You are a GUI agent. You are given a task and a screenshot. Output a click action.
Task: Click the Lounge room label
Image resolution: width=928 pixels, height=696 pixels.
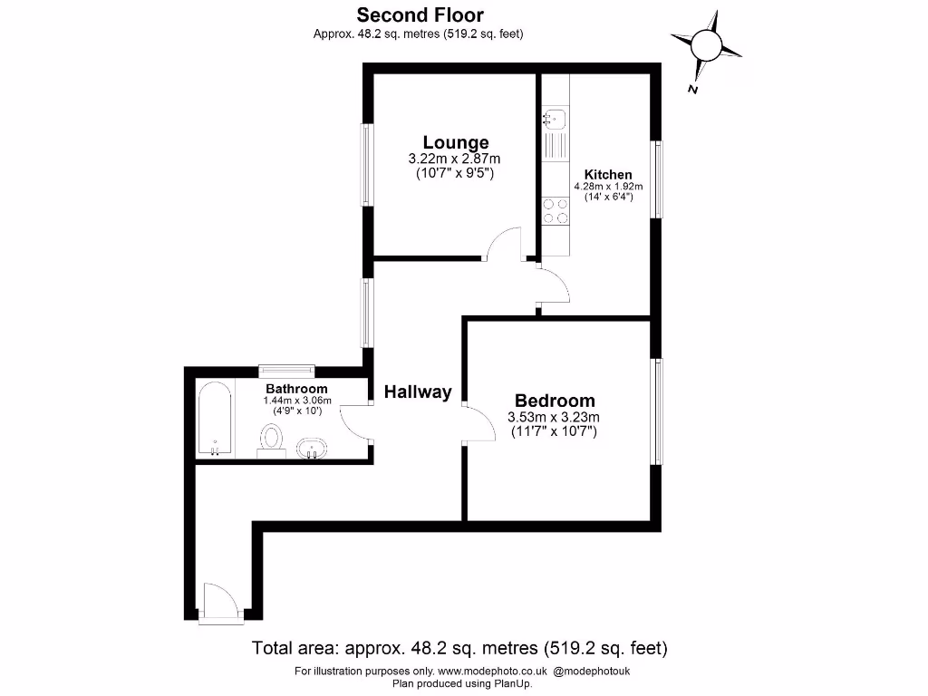(456, 142)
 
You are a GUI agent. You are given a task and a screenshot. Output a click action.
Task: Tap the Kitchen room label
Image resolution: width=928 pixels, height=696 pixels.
(607, 175)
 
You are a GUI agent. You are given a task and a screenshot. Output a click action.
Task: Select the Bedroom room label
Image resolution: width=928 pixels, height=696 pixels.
(555, 401)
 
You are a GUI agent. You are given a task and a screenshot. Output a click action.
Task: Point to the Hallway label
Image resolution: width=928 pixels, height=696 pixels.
(417, 392)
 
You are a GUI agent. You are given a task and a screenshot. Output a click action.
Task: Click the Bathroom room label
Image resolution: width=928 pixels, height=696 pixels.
(296, 389)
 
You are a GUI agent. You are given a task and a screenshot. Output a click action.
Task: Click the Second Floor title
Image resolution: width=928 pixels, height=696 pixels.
(420, 14)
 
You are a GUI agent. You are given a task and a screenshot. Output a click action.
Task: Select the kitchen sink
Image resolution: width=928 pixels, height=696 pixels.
(555, 118)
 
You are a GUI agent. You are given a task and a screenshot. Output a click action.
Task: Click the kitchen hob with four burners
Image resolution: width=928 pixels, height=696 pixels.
(556, 211)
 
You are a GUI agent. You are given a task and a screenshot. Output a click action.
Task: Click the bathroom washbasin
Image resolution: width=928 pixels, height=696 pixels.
(311, 448)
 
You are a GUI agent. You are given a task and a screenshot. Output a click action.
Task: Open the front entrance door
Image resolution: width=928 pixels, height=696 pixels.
(220, 603)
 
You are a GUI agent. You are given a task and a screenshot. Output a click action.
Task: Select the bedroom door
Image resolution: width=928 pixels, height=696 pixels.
(478, 423)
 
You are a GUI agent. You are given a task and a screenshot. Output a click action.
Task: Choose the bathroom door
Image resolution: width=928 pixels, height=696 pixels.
(355, 421)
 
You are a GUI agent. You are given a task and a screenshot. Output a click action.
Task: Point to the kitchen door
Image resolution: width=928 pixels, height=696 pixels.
(553, 286)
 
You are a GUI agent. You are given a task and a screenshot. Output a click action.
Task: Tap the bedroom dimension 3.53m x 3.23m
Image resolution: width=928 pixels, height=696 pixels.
(555, 418)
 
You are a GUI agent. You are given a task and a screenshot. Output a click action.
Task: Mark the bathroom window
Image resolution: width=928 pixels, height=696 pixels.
(286, 369)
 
